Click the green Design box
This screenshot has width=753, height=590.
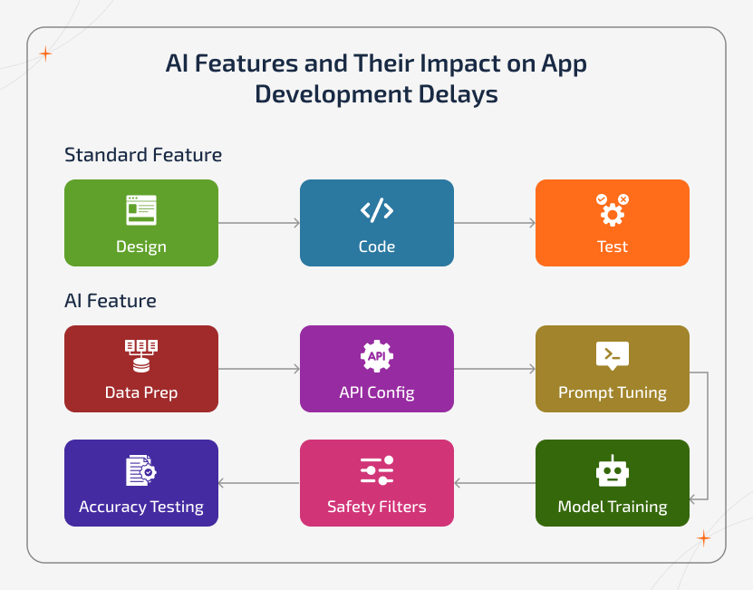[x=141, y=223]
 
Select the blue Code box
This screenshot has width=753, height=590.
[x=377, y=223]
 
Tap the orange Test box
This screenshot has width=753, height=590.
[x=613, y=223]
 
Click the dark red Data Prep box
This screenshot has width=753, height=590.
[x=141, y=369]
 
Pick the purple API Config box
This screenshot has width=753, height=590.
[x=377, y=369]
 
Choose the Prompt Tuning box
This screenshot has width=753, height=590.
[x=613, y=369]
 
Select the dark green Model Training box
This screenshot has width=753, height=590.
[x=613, y=483]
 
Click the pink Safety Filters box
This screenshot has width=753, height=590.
[x=377, y=483]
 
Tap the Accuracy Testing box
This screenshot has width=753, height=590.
[x=141, y=483]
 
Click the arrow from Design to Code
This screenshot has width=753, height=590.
[x=259, y=222]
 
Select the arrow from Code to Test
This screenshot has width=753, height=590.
[x=495, y=222]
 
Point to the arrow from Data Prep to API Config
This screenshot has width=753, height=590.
[x=259, y=369]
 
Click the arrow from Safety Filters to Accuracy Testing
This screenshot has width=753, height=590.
[x=259, y=483]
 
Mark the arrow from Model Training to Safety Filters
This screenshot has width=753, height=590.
[x=495, y=483]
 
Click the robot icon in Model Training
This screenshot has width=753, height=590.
[x=613, y=469]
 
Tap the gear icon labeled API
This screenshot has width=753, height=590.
[x=377, y=355]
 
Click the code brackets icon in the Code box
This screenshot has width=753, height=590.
[x=377, y=210]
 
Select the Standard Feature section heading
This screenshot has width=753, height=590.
[x=143, y=155]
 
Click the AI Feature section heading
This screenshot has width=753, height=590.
[x=111, y=301]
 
